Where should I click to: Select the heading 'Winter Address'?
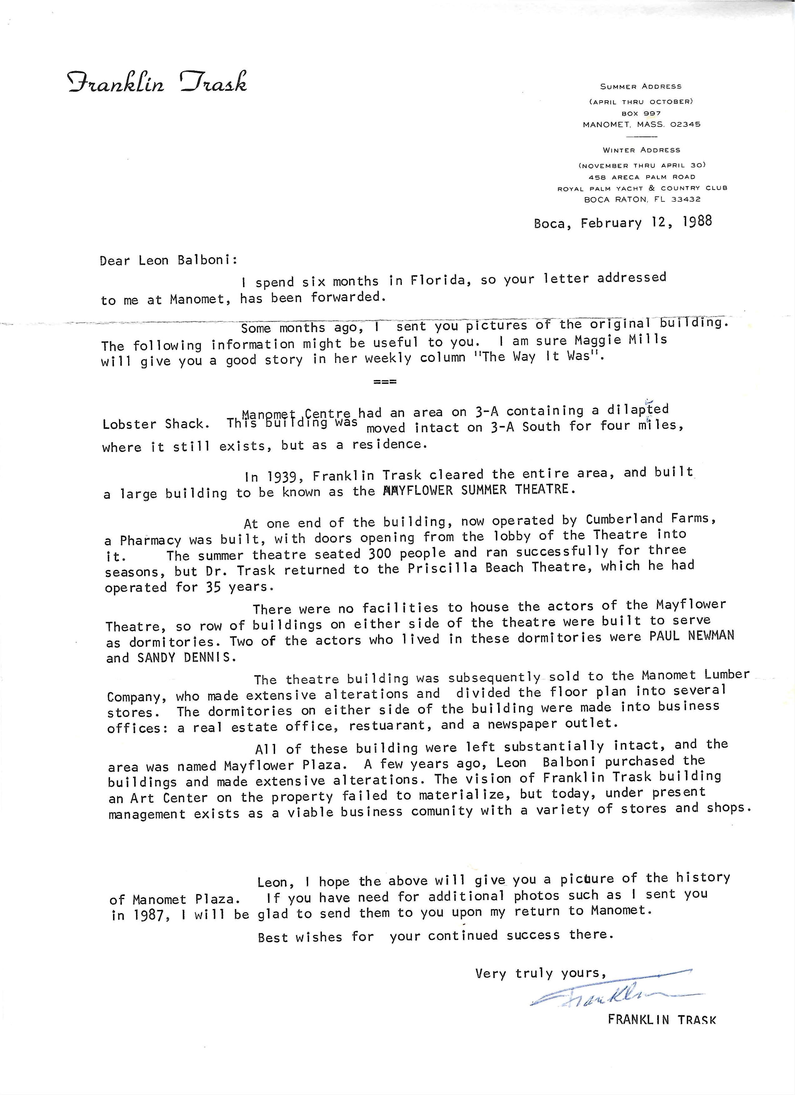click(642, 150)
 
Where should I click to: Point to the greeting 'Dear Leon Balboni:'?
click(168, 261)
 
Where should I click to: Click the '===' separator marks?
click(385, 382)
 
